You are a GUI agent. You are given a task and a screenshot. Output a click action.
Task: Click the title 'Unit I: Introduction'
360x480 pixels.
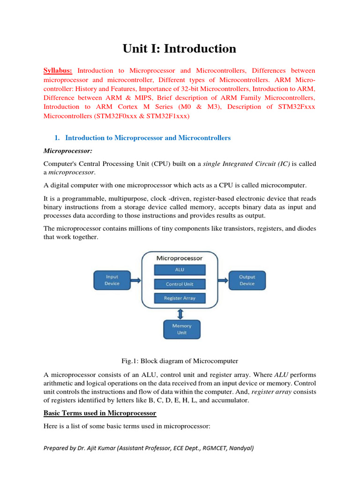(180, 48)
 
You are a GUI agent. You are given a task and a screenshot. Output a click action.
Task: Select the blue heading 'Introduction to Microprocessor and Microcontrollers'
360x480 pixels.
(148, 138)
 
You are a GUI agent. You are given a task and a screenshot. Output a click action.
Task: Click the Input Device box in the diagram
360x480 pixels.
(112, 280)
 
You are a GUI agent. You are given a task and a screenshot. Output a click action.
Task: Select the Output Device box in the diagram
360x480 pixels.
(247, 280)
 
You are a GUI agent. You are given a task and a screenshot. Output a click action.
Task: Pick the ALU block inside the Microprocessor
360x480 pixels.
(180, 270)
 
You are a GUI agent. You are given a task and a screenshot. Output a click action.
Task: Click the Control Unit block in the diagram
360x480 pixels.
(180, 284)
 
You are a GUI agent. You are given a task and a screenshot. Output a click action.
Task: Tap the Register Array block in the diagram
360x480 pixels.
(180, 298)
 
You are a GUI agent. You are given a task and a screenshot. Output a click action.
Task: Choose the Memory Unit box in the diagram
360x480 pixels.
(181, 329)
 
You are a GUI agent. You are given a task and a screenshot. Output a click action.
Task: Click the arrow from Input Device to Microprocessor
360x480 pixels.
(135, 280)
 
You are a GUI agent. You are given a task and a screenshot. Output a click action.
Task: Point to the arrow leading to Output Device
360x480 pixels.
(223, 280)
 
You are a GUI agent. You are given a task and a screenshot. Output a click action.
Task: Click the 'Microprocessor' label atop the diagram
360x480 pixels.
(180, 258)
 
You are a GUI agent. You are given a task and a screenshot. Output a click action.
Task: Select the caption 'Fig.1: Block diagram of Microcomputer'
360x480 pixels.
(180, 361)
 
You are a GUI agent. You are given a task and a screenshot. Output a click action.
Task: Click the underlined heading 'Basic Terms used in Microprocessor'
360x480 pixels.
(100, 413)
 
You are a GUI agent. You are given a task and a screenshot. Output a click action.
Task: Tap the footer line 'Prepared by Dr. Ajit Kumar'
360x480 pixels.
(149, 448)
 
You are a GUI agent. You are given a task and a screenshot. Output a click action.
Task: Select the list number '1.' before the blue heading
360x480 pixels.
(57, 138)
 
